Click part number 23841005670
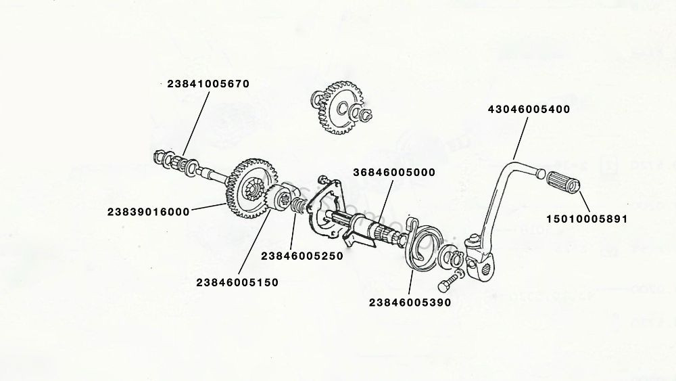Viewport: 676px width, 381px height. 208,84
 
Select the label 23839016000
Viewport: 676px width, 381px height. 147,211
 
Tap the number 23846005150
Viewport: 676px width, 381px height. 237,281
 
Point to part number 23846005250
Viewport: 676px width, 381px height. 301,256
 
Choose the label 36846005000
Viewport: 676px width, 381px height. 393,172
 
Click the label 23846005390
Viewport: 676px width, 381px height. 410,302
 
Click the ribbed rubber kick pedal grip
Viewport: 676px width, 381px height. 564,182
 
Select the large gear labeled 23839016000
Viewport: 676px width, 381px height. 247,186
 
